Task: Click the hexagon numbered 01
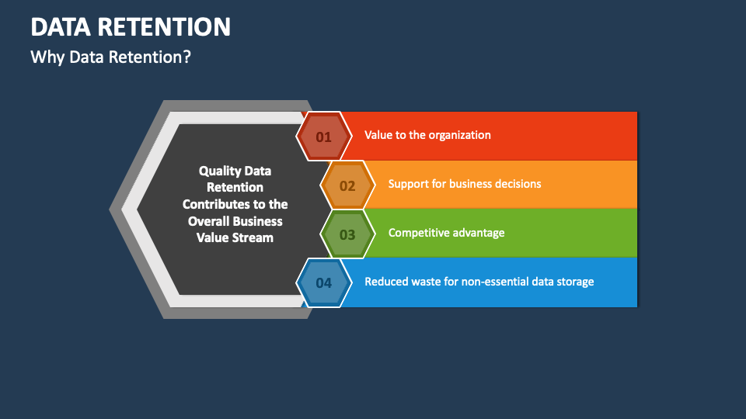coord(324,137)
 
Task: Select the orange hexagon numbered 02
coord(348,185)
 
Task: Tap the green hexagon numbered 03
coord(348,234)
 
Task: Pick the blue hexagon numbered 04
coord(324,282)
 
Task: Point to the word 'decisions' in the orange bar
coord(518,184)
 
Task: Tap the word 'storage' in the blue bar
coord(575,282)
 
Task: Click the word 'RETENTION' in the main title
coord(164,26)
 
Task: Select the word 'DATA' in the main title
coord(61,26)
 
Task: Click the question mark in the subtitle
coord(186,57)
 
